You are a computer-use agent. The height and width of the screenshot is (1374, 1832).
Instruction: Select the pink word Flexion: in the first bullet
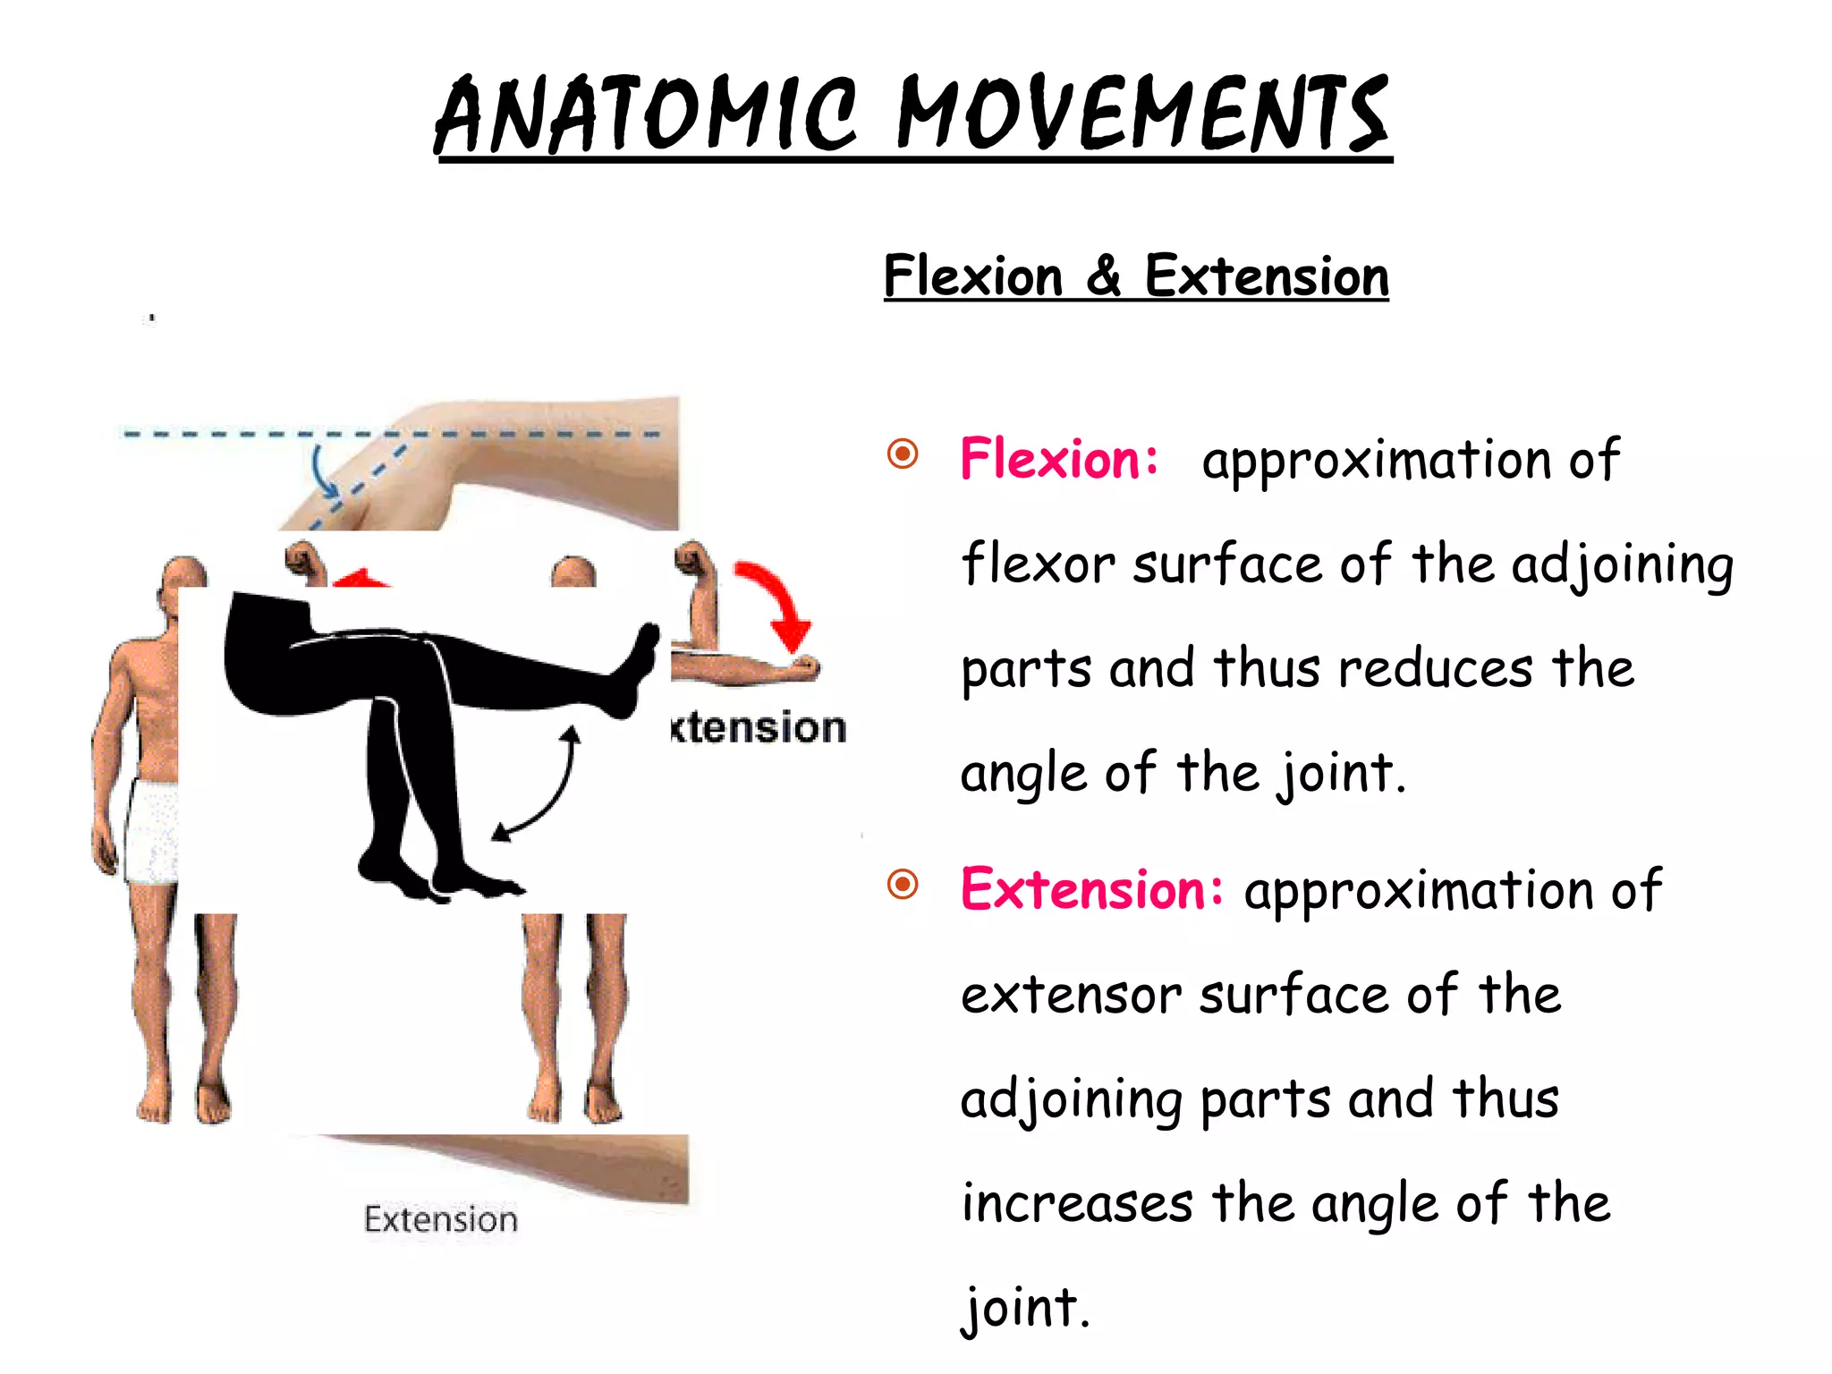[1059, 459]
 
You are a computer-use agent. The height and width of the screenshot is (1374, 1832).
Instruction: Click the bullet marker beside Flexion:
[903, 454]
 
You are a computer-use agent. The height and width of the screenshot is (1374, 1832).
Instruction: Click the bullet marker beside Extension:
[903, 885]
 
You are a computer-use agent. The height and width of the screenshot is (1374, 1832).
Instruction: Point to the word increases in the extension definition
[1077, 1203]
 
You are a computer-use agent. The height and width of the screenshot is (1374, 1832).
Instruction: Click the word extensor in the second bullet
[1071, 995]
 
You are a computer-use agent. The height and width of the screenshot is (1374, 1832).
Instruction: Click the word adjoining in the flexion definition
[1622, 566]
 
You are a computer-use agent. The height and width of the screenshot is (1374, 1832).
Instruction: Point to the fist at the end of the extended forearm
[803, 666]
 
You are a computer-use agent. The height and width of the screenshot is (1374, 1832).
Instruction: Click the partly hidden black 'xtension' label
[759, 728]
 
